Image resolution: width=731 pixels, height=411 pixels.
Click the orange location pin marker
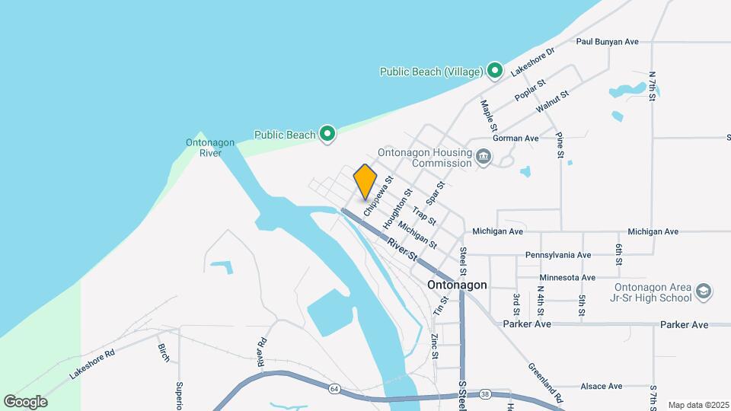click(x=365, y=181)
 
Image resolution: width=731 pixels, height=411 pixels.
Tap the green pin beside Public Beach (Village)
click(x=494, y=71)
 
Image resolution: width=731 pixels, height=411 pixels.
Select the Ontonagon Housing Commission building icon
click(x=484, y=158)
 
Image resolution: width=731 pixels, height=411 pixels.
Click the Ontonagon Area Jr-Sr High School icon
click(x=704, y=292)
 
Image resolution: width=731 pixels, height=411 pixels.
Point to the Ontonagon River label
click(x=204, y=147)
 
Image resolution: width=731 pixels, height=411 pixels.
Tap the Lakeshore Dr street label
click(x=533, y=61)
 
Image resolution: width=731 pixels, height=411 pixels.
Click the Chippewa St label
click(x=377, y=196)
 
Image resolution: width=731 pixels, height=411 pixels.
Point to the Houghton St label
click(x=397, y=209)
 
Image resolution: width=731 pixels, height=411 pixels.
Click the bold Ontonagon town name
click(x=457, y=285)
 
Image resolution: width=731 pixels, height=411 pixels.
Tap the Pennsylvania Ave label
click(x=558, y=255)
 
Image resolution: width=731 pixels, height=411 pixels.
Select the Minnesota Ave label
click(x=567, y=278)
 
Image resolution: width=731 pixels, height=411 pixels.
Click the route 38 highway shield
click(x=485, y=394)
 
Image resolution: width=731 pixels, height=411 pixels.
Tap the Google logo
click(x=25, y=401)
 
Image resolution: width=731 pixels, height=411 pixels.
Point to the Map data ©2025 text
click(x=697, y=405)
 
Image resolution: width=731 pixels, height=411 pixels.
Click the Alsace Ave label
click(x=602, y=387)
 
